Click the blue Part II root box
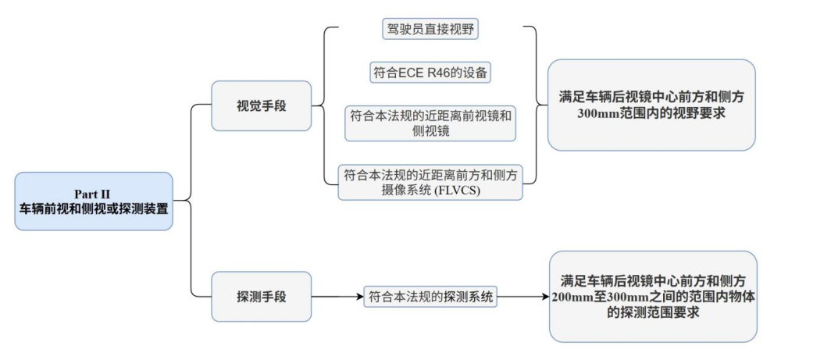pyautogui.click(x=94, y=201)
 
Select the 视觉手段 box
pyautogui.click(x=261, y=105)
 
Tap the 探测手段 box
pyautogui.click(x=261, y=297)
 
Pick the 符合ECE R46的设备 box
pyautogui.click(x=431, y=73)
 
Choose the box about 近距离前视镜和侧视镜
pyautogui.click(x=431, y=123)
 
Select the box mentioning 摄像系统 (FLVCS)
pyautogui.click(x=431, y=182)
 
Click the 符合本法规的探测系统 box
pyautogui.click(x=431, y=297)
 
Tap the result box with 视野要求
pyautogui.click(x=651, y=105)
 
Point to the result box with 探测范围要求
pyautogui.click(x=653, y=296)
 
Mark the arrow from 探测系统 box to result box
pyautogui.click(x=523, y=297)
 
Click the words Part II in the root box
pyautogui.click(x=94, y=193)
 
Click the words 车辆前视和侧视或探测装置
pyautogui.click(x=94, y=208)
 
